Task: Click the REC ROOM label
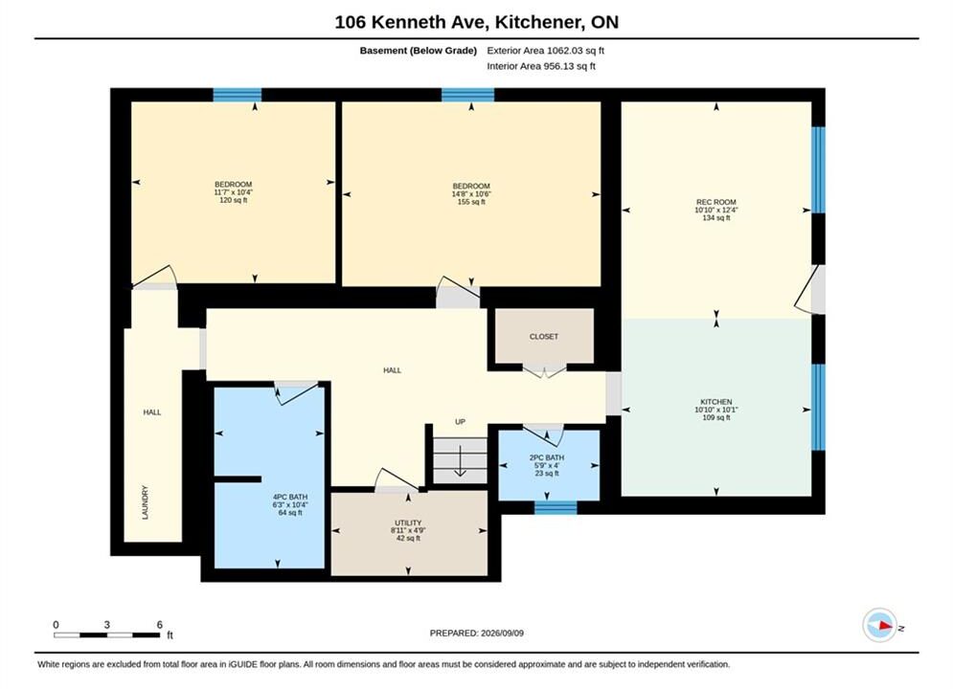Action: [x=716, y=202]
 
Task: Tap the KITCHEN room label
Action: [x=716, y=402]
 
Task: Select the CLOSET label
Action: [x=543, y=336]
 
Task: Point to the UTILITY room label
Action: [x=408, y=522]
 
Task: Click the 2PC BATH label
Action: [x=546, y=457]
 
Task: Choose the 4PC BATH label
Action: [x=290, y=498]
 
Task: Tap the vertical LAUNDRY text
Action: [x=145, y=502]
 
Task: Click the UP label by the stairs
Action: [x=460, y=422]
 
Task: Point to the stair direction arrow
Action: [x=460, y=461]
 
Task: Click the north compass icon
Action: [x=880, y=625]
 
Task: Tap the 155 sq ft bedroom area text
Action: [x=471, y=202]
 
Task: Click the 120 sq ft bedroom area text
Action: [x=234, y=200]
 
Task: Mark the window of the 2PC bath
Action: [x=556, y=507]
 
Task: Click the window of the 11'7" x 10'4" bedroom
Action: [x=237, y=95]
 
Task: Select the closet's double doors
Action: [x=545, y=371]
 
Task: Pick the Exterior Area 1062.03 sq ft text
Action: [x=546, y=51]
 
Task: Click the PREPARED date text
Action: [x=477, y=633]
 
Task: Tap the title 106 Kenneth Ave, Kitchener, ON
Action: [x=477, y=22]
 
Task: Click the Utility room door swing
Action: [x=396, y=479]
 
